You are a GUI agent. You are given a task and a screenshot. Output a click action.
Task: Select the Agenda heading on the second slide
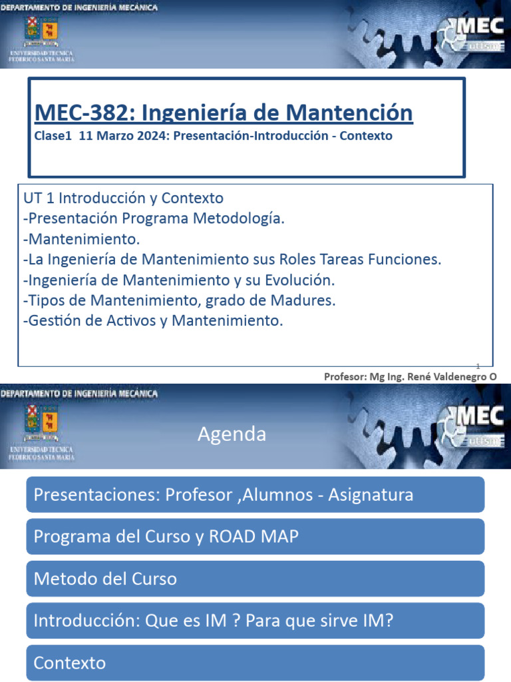(232, 435)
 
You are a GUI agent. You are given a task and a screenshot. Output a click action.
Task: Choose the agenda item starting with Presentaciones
(255, 495)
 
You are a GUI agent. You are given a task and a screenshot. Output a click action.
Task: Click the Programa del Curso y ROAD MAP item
(255, 537)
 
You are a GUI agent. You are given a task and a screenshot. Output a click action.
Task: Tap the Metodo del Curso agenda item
(255, 579)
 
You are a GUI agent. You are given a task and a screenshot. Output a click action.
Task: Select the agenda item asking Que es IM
(255, 621)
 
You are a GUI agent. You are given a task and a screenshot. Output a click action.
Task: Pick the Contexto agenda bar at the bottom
(255, 663)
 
